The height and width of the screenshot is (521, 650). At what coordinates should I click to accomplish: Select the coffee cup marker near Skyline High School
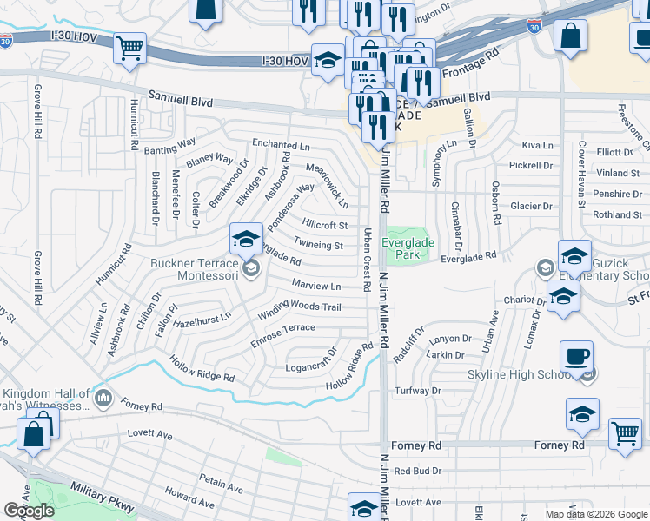point(575,356)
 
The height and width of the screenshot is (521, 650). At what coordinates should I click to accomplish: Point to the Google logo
point(29,511)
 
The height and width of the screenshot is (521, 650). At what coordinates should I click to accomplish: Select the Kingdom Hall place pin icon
point(104,399)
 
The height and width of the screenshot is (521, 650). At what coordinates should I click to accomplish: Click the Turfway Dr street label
point(418,392)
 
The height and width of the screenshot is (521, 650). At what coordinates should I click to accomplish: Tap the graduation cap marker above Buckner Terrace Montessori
point(246,238)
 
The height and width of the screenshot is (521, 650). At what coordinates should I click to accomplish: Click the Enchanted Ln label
point(281,144)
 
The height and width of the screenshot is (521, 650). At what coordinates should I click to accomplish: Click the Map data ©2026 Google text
point(595,514)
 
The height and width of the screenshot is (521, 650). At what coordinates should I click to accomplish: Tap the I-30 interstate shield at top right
point(534,28)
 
